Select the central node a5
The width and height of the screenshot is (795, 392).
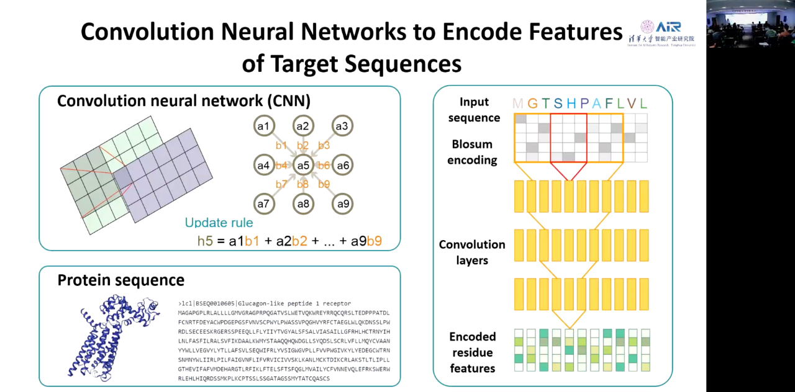[302, 166]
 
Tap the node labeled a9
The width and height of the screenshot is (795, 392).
[342, 204]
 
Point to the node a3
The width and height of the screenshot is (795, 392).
[342, 127]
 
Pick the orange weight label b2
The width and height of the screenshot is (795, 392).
[302, 146]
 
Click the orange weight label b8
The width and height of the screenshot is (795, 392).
[302, 184]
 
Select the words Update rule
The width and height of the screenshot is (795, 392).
[219, 223]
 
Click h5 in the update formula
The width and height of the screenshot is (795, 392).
[205, 241]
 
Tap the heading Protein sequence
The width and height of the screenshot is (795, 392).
[120, 280]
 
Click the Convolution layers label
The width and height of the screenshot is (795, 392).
[472, 252]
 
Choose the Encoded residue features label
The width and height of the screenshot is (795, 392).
[472, 352]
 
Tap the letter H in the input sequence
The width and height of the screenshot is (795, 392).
[571, 104]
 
